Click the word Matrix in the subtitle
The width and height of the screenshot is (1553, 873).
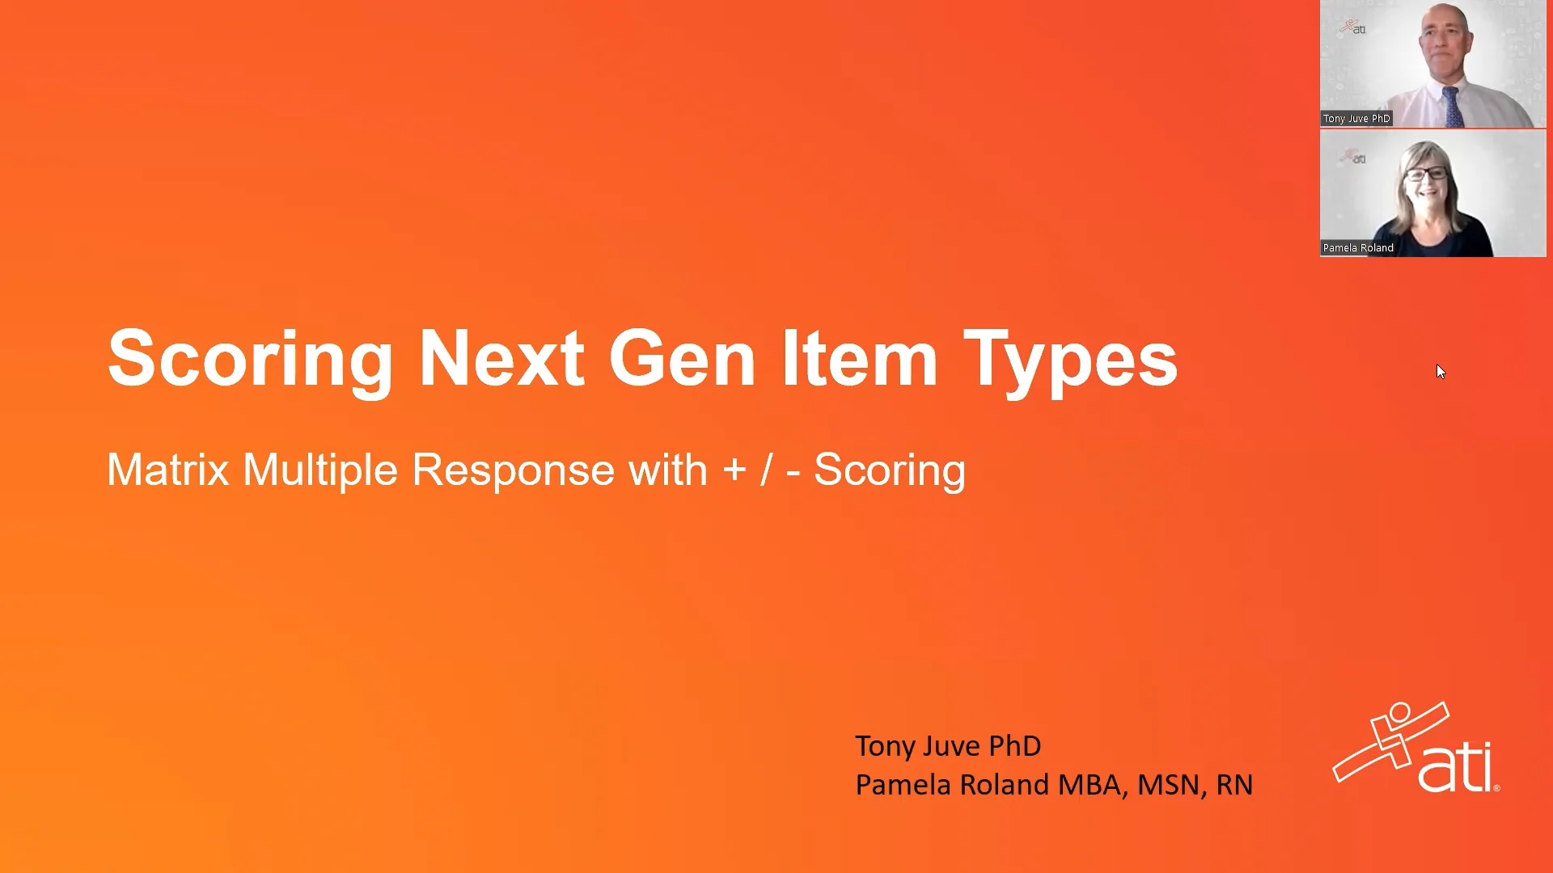pos(168,470)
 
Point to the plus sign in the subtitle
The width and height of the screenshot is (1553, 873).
pos(734,470)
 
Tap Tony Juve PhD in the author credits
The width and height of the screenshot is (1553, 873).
pos(947,746)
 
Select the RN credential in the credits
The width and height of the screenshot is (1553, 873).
pos(1234,785)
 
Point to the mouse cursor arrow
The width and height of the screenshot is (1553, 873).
pos(1441,371)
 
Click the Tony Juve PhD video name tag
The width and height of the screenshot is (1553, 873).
pos(1356,119)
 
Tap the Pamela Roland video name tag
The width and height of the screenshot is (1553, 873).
pos(1358,248)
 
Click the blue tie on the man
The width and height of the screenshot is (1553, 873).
pos(1451,107)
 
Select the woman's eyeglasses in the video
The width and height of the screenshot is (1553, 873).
pos(1426,173)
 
